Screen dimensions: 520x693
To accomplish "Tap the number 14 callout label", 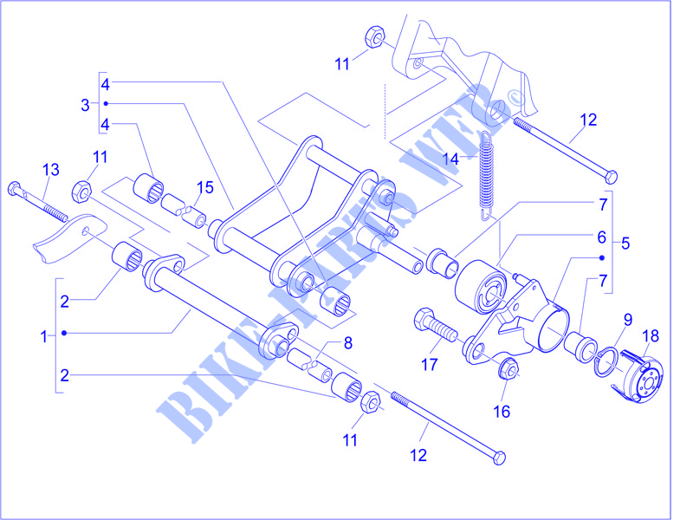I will (x=425, y=159).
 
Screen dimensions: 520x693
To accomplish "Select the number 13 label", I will (x=50, y=168).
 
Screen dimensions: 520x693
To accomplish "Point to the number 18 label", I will (x=651, y=335).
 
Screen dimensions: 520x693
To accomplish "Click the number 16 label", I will (x=502, y=411).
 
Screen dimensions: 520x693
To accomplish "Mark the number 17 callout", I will (x=431, y=365).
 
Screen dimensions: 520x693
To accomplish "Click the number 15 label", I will (x=204, y=187).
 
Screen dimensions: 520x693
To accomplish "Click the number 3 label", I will (x=85, y=105).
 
